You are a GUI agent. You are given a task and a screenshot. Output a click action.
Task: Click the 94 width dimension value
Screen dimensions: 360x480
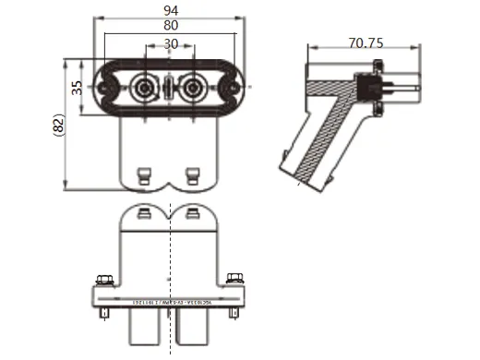[x=170, y=9]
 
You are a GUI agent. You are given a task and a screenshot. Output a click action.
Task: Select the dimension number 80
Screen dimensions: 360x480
[x=170, y=27]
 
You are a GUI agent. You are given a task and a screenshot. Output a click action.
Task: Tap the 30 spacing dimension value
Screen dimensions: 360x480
[x=170, y=43]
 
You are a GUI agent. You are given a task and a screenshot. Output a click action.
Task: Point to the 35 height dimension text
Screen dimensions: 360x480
[x=78, y=88]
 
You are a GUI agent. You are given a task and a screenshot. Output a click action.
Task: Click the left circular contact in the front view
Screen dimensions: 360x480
[x=144, y=89]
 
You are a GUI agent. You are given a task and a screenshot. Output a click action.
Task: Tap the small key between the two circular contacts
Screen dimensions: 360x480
[x=169, y=90]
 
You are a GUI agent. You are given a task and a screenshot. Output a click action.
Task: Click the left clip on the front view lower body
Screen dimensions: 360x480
[x=145, y=174]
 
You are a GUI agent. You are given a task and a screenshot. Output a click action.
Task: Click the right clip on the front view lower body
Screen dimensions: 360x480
[x=193, y=174]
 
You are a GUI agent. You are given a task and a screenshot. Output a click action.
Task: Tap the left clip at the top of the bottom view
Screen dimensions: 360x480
[x=145, y=215]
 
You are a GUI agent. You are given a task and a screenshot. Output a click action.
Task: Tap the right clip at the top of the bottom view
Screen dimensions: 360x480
[x=193, y=215]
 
